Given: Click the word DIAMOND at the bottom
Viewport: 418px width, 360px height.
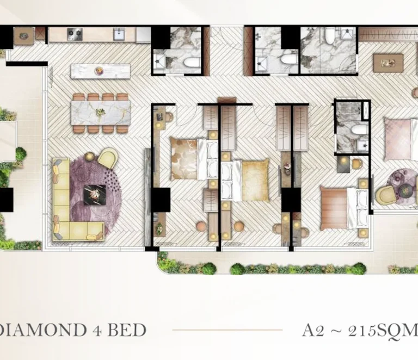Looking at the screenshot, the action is click(x=42, y=330).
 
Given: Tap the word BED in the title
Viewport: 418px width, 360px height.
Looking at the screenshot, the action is click(x=127, y=330).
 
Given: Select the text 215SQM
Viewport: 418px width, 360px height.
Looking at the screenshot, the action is click(x=383, y=331).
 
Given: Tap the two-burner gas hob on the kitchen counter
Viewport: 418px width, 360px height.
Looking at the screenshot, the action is click(x=75, y=34).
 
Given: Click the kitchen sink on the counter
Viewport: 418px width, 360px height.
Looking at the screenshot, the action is click(x=119, y=34).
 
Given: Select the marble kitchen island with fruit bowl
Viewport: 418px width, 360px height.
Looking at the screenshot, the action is click(x=101, y=71).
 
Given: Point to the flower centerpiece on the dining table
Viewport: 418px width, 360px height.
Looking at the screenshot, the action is click(x=100, y=112).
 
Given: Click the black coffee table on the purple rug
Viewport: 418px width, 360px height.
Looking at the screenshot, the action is click(x=95, y=195).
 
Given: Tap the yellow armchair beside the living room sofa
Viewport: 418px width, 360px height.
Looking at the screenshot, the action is click(x=107, y=158).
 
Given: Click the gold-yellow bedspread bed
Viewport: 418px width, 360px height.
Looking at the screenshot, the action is click(x=245, y=181).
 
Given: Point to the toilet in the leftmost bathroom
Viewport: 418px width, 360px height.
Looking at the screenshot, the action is click(x=192, y=62).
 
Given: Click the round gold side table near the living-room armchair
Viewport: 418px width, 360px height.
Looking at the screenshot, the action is click(x=90, y=156).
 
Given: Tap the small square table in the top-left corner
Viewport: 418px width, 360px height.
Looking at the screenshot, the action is click(x=24, y=36).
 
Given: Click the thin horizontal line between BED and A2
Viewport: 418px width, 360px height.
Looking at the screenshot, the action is click(x=228, y=330).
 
